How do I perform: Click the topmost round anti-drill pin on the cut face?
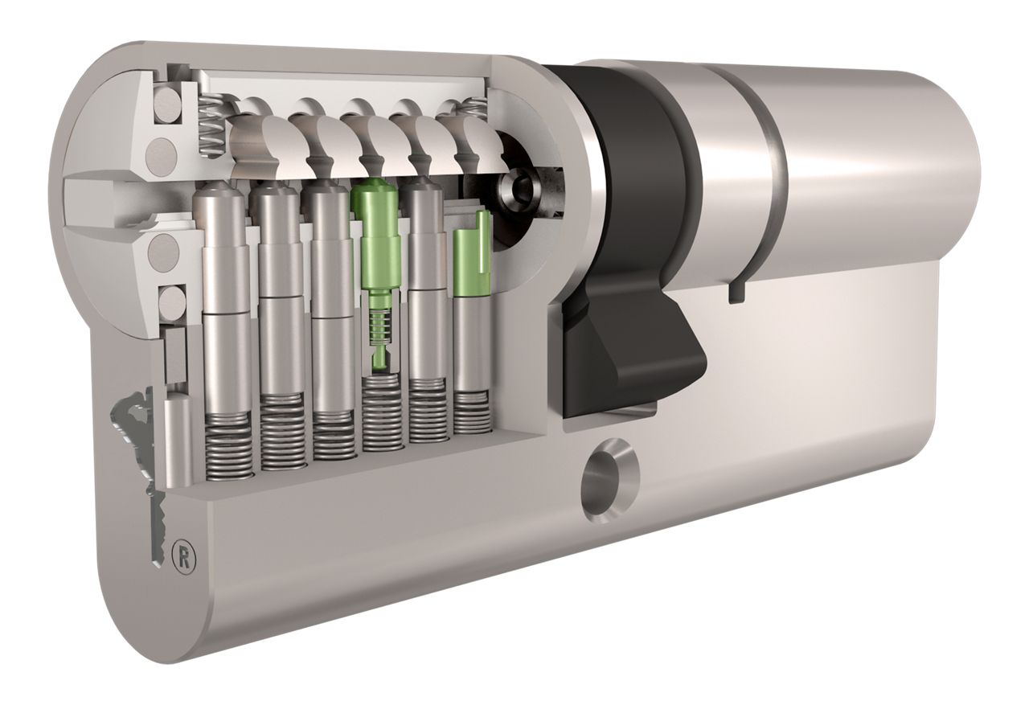pyautogui.click(x=165, y=106)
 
